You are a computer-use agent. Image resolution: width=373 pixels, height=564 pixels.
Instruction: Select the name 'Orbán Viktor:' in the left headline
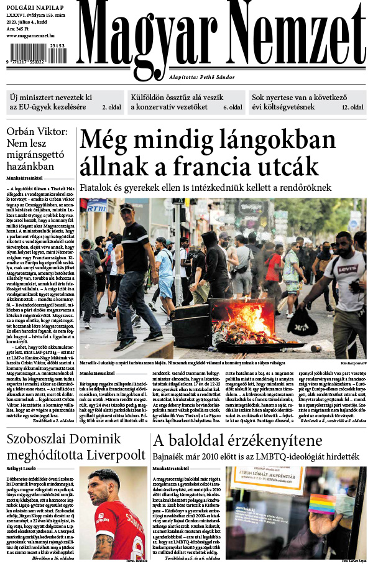(x=37, y=132)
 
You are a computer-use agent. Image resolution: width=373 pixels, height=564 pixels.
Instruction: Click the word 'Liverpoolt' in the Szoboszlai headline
(x=114, y=455)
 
